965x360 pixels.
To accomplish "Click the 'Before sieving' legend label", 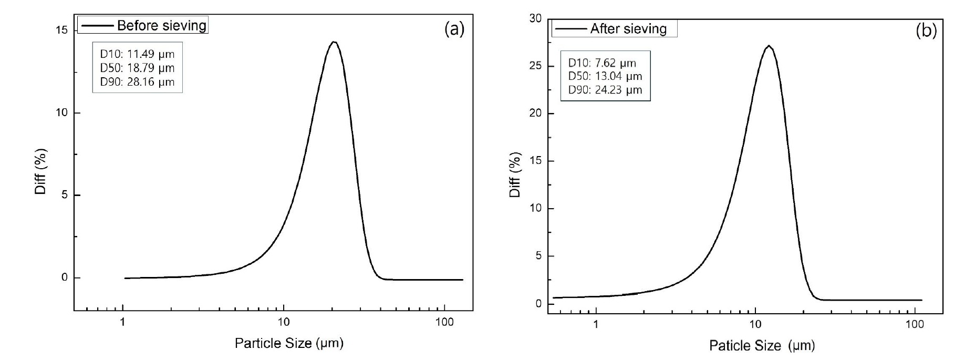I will [161, 25].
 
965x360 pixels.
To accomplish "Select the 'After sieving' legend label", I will [628, 29].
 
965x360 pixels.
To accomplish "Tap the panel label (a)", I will [454, 29].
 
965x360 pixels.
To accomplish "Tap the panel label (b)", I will [926, 32].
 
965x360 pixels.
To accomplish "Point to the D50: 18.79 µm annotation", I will [138, 68].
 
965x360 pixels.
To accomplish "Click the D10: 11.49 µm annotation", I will [138, 54].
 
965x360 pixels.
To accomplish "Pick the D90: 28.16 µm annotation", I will [138, 82].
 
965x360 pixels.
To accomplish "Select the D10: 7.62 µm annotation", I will [602, 63].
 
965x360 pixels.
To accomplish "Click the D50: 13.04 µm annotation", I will [605, 76].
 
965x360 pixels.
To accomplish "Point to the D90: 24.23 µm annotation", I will [605, 90].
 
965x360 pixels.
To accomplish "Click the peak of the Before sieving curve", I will [333, 42].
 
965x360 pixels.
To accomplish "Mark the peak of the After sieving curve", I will [769, 46].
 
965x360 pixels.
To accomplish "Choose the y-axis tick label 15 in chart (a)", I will [61, 30].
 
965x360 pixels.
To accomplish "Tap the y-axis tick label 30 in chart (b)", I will [535, 19].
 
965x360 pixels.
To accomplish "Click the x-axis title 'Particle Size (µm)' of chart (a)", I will [289, 344].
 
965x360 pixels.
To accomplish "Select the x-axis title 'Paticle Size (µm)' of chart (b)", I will [762, 345].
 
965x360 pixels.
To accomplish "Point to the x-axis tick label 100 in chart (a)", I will [445, 322].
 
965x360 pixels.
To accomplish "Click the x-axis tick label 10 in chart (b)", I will [755, 325].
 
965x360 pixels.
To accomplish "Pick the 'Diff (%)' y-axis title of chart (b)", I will [515, 174].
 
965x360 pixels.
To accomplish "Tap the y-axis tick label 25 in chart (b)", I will [535, 67].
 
